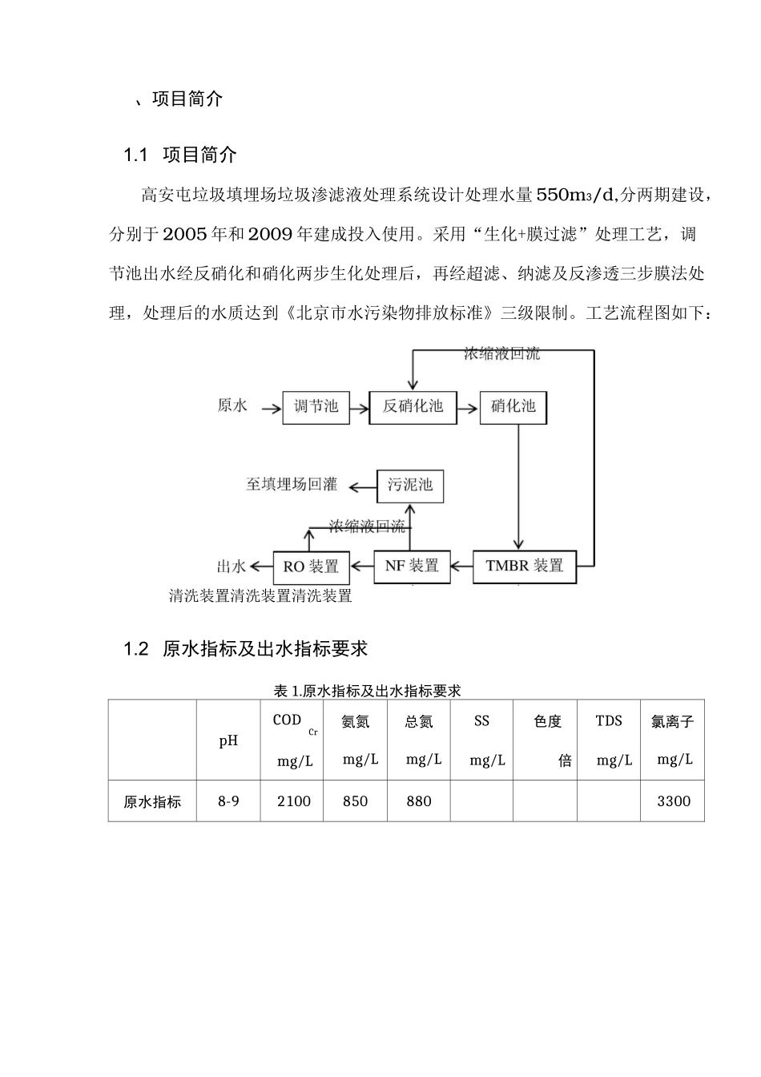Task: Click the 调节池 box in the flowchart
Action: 316,406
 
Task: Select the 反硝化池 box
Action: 413,406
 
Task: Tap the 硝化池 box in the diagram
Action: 513,406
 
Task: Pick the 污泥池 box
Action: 410,485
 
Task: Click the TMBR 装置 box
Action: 525,566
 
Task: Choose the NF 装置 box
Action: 412,566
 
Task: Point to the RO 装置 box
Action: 311,567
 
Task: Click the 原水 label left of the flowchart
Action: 232,405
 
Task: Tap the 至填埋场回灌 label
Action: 292,484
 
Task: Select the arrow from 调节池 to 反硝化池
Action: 358,406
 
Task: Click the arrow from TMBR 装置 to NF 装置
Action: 461,567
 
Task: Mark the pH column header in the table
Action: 228,740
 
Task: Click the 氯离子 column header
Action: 672,721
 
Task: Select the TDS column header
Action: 609,721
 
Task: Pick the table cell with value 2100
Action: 293,801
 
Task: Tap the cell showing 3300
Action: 673,801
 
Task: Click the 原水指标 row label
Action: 152,801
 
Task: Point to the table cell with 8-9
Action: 228,801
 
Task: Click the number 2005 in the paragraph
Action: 185,234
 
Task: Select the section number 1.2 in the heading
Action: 136,649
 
